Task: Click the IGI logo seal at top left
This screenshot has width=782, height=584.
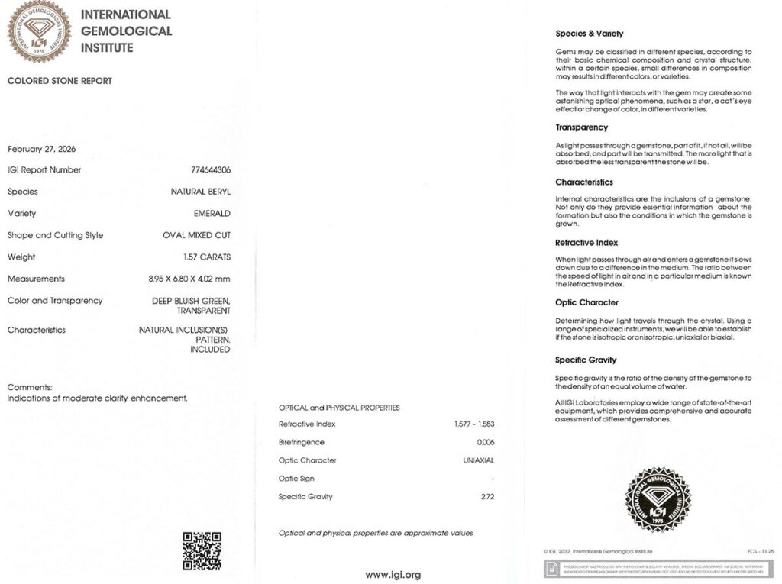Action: coord(39,31)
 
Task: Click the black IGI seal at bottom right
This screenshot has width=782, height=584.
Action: coord(657,500)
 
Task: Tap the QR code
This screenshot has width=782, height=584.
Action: coord(202,551)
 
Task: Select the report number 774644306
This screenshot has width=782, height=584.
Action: coord(210,170)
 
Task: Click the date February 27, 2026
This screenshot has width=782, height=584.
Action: coord(41,149)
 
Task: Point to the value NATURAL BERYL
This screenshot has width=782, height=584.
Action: coord(200,192)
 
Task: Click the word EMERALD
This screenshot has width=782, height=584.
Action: coord(212,214)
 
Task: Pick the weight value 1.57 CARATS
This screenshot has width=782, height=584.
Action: coord(206,257)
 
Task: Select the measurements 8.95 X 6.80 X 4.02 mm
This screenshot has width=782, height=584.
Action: coord(189,279)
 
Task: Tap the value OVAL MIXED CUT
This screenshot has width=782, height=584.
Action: coord(196,235)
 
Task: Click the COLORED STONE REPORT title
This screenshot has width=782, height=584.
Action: coord(60,81)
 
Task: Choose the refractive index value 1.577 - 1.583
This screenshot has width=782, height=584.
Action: coord(473,424)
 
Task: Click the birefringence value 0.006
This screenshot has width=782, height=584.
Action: coord(486,442)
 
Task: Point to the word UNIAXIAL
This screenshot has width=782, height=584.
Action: coord(479,460)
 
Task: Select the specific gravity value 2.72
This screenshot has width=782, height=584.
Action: coord(486,497)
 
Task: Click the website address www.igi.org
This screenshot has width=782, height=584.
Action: coord(393,574)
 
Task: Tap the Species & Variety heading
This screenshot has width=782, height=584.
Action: coord(590,34)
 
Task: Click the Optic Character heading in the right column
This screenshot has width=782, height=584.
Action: coord(586,302)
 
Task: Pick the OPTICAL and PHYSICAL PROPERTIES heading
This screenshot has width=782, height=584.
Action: coord(339,408)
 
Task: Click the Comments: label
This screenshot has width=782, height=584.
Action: coord(30,387)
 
